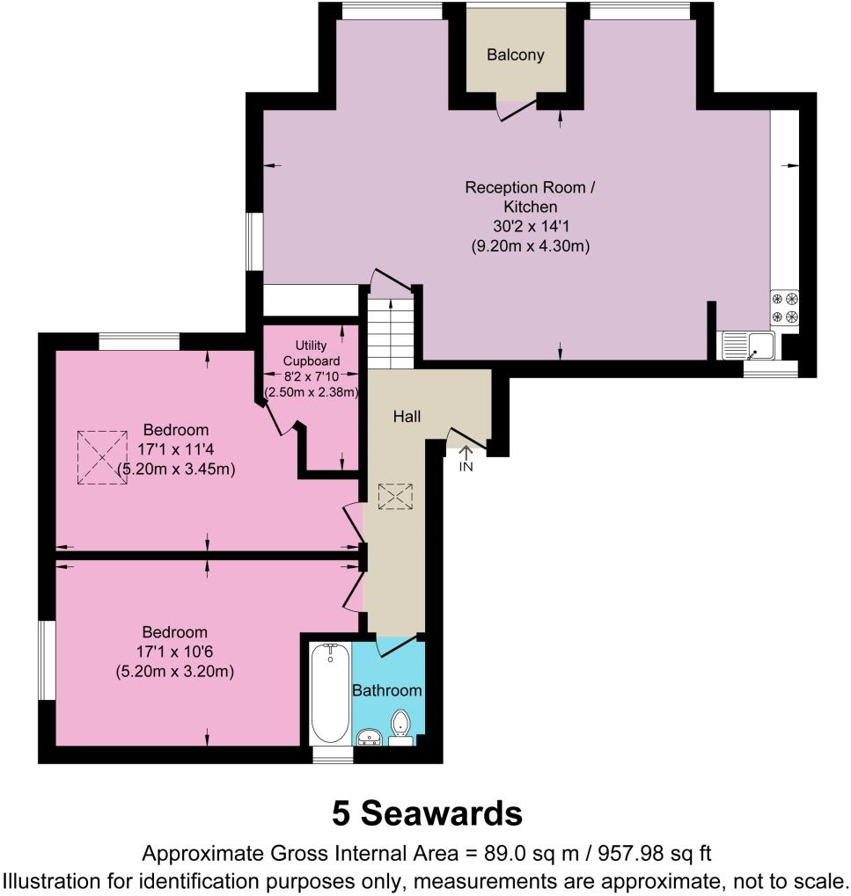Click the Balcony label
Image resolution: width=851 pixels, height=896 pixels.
pyautogui.click(x=516, y=55)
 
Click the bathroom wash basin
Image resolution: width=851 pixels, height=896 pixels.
pyautogui.click(x=370, y=736)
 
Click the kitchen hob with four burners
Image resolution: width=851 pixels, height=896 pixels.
pyautogui.click(x=785, y=308)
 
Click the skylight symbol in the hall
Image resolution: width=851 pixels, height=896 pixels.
pyautogui.click(x=395, y=497)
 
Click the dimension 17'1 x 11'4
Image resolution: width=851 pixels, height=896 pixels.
pyautogui.click(x=176, y=449)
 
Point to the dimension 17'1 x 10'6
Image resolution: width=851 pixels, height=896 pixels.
pyautogui.click(x=176, y=652)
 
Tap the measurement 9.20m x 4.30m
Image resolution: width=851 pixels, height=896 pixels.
pyautogui.click(x=530, y=247)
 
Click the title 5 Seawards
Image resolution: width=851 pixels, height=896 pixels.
pyautogui.click(x=426, y=813)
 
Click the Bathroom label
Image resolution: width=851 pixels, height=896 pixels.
pyautogui.click(x=387, y=691)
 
